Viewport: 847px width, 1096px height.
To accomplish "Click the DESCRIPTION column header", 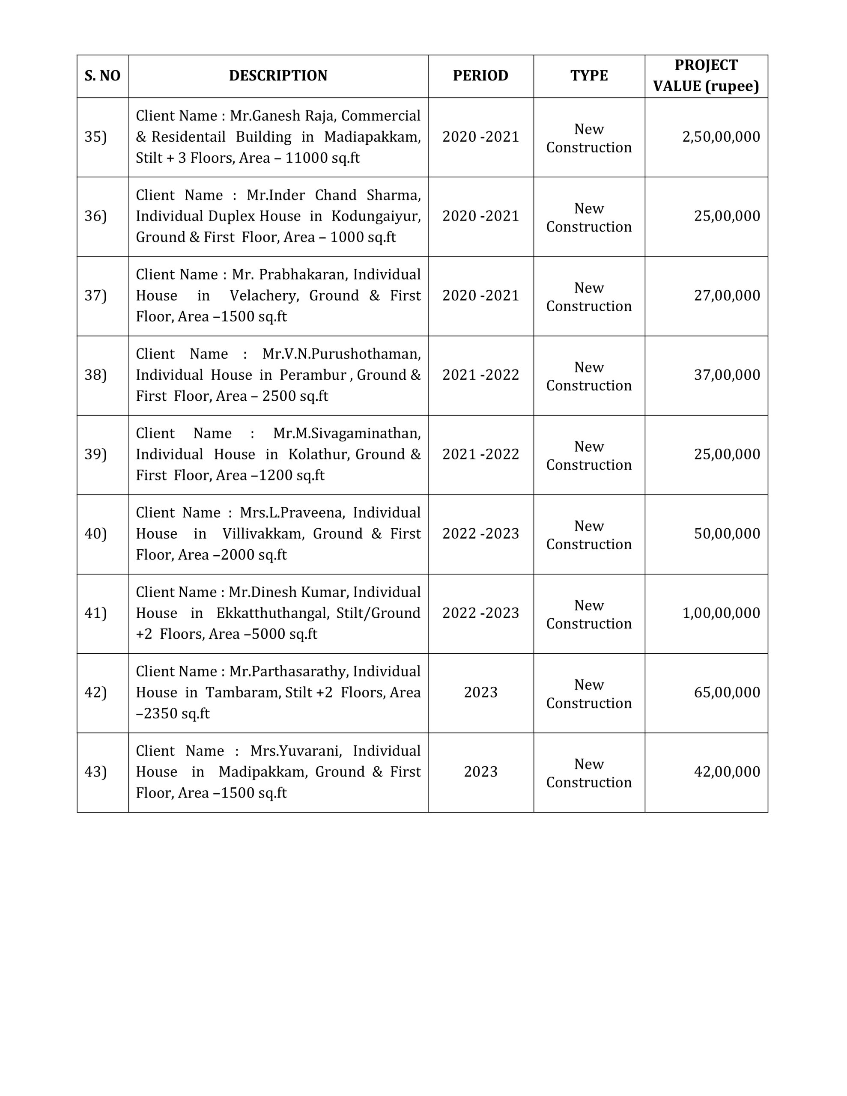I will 278,76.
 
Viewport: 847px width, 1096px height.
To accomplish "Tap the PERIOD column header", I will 480,76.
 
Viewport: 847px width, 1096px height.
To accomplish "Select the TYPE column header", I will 589,76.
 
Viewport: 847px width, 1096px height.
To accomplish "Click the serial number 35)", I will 95,137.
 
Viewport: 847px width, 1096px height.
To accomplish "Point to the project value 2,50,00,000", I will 721,137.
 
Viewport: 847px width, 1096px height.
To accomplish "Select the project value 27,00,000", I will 727,295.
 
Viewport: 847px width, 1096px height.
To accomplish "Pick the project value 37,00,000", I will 727,375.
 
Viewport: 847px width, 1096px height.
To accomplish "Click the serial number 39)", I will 95,454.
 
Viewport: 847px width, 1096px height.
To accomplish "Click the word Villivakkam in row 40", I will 262,534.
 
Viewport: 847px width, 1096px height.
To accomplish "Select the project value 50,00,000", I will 727,533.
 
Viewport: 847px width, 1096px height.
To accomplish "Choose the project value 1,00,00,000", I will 721,613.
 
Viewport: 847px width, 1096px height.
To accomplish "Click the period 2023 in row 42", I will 480,693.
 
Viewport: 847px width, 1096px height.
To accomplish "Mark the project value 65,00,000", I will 727,693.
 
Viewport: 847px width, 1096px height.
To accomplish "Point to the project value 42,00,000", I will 727,772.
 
